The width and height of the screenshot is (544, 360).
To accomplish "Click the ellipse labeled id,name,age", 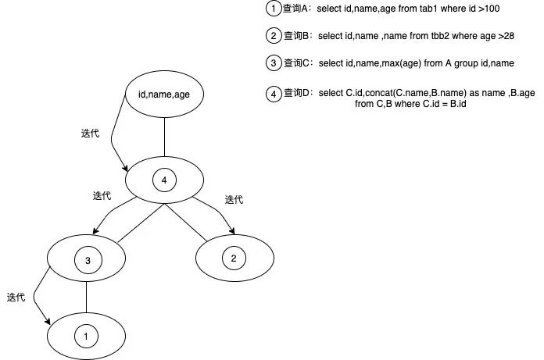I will pos(164,95).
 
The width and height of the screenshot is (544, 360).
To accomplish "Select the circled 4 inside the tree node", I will pos(163,180).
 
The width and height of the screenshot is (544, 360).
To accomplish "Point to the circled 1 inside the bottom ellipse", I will pos(86,335).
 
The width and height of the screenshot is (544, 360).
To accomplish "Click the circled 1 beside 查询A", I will pos(273,9).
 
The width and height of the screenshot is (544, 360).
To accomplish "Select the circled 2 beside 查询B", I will pos(273,36).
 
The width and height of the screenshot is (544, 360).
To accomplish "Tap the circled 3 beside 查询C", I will pos(273,62).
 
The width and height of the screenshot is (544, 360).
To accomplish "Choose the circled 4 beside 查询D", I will pos(273,94).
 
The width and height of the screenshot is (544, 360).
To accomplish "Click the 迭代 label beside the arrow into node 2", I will pos(234,200).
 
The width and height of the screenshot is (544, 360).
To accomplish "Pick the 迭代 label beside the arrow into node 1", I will pos(16,298).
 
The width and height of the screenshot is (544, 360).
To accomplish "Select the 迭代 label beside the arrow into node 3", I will pos(102,195).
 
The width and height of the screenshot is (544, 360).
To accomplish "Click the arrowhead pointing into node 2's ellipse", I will pos(233,230).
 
